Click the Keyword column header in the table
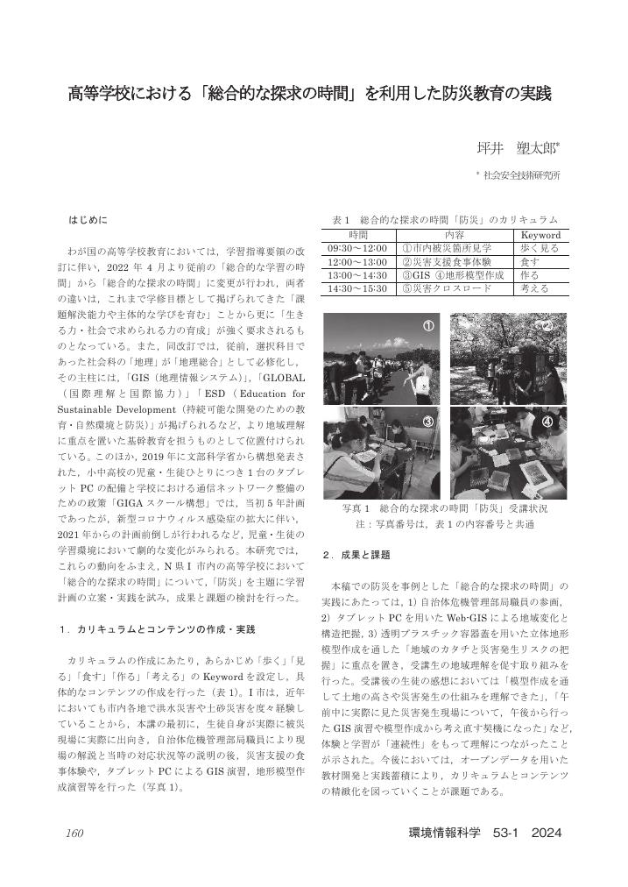click(540, 235)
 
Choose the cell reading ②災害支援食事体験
click(446, 261)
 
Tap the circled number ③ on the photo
click(428, 422)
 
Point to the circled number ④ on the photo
click(547, 422)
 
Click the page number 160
click(74, 832)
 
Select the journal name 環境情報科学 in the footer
click(445, 832)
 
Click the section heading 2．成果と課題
click(356, 555)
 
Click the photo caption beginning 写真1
click(446, 508)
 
